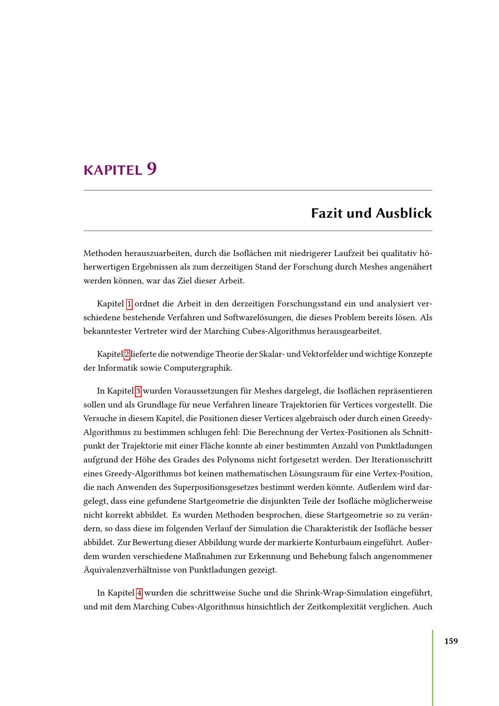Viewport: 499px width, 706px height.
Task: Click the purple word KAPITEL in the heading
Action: [113, 170]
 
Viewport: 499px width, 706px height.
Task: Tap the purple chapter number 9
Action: [152, 169]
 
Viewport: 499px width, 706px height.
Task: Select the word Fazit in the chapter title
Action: [327, 213]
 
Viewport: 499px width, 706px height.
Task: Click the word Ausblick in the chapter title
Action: [404, 213]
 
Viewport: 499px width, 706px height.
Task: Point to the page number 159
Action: [451, 641]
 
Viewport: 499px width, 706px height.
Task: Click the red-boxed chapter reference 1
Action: [130, 304]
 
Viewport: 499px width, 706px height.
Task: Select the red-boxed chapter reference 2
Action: [127, 354]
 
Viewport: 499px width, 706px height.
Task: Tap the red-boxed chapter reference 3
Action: [138, 391]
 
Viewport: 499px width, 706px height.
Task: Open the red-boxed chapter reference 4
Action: [139, 593]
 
